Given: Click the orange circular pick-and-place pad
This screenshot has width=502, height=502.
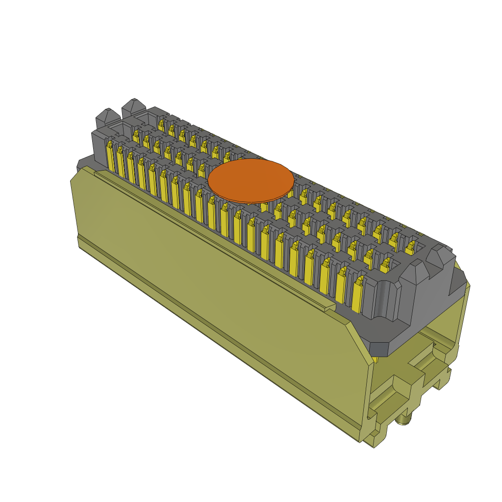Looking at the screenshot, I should click(251, 180).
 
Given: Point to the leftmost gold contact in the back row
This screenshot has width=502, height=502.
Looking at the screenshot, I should click(161, 125).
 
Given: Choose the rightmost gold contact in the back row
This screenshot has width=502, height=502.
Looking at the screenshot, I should click(410, 248).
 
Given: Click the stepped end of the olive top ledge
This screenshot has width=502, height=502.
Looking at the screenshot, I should click(328, 308).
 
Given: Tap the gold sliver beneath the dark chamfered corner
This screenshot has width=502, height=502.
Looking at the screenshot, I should click(376, 359).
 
